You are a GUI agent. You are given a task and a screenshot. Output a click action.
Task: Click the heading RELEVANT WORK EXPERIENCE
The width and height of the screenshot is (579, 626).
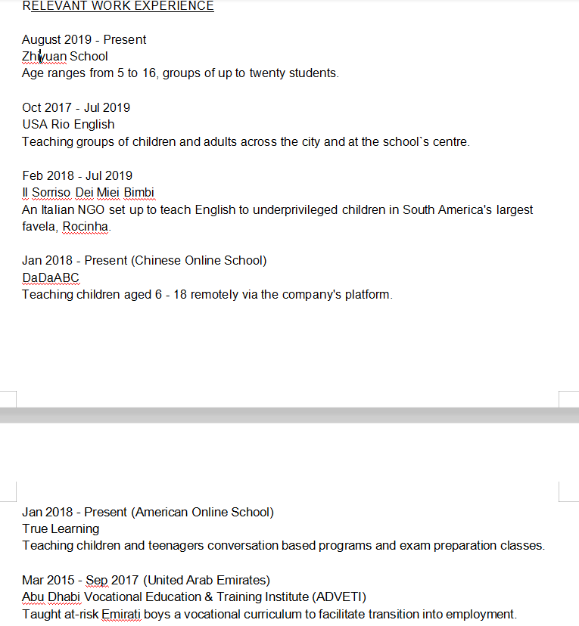pyautogui.click(x=118, y=6)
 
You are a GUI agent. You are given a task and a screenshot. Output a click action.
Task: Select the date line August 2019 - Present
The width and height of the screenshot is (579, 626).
pyautogui.click(x=84, y=39)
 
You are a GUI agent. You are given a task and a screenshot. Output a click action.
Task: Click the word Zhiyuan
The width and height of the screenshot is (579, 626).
pyautogui.click(x=44, y=56)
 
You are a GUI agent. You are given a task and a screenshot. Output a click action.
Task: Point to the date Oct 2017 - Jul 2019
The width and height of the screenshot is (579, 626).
pyautogui.click(x=76, y=107)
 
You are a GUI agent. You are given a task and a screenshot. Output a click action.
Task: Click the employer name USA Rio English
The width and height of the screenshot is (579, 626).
pyautogui.click(x=68, y=124)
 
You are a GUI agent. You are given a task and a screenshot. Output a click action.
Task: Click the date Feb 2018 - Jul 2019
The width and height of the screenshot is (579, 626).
pyautogui.click(x=77, y=175)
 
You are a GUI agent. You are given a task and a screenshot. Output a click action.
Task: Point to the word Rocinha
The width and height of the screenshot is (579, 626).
pyautogui.click(x=86, y=226)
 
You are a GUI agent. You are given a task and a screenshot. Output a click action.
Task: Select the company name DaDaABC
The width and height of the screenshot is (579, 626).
pyautogui.click(x=51, y=277)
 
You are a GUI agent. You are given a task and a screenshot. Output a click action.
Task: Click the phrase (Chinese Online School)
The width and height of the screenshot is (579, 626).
pyautogui.click(x=205, y=260)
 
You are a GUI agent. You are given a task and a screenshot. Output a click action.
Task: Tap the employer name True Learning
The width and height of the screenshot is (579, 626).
pyautogui.click(x=61, y=528)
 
